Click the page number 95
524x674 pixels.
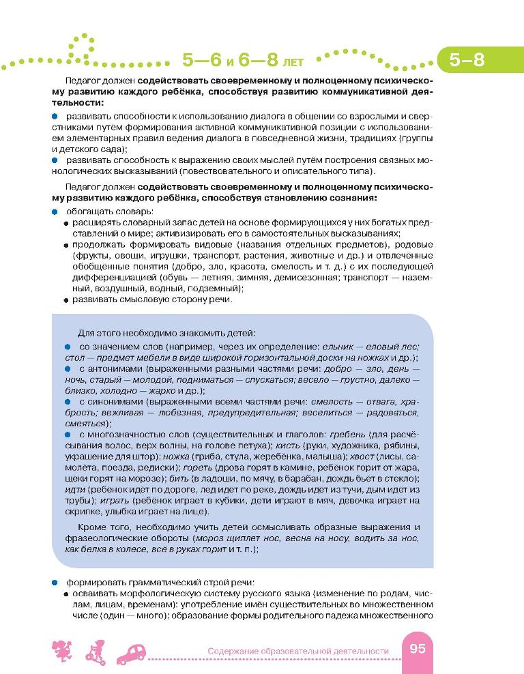coord(417,649)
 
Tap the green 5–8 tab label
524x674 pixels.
coord(467,59)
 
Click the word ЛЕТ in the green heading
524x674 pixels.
coord(289,62)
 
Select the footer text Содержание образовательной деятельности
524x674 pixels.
coord(298,651)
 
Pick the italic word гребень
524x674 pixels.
coord(347,435)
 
